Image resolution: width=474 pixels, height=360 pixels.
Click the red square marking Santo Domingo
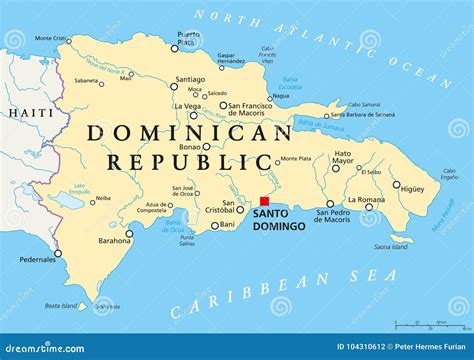265,199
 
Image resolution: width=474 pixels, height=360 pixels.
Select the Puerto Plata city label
187,39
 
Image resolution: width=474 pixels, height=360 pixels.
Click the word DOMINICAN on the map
188,132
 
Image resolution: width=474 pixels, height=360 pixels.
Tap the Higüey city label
410,186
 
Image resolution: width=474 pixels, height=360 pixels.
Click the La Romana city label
366,200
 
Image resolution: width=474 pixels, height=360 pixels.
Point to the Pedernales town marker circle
58,253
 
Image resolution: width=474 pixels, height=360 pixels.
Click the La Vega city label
187,105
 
